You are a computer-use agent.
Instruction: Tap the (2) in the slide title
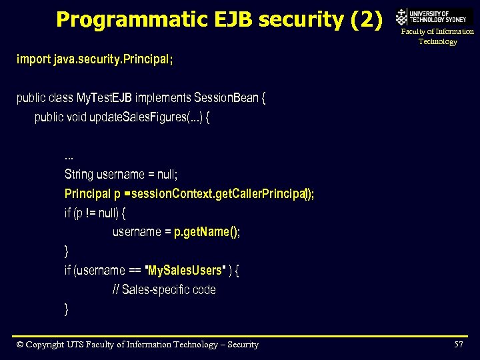(x=366, y=19)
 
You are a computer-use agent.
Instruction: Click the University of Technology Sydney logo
(x=433, y=17)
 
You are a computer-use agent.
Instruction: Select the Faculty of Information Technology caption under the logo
(x=437, y=37)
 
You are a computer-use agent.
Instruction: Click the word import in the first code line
(x=33, y=59)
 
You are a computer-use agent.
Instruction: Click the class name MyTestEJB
(x=104, y=98)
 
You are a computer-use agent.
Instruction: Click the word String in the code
(x=79, y=175)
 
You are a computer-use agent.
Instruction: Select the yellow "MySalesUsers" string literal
(x=185, y=271)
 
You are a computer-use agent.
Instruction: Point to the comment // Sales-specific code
(x=164, y=290)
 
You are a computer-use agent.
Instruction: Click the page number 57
(x=459, y=345)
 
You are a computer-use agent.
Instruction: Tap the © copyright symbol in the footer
(x=20, y=345)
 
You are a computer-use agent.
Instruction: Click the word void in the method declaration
(x=78, y=117)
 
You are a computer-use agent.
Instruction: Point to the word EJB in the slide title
(x=233, y=19)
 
